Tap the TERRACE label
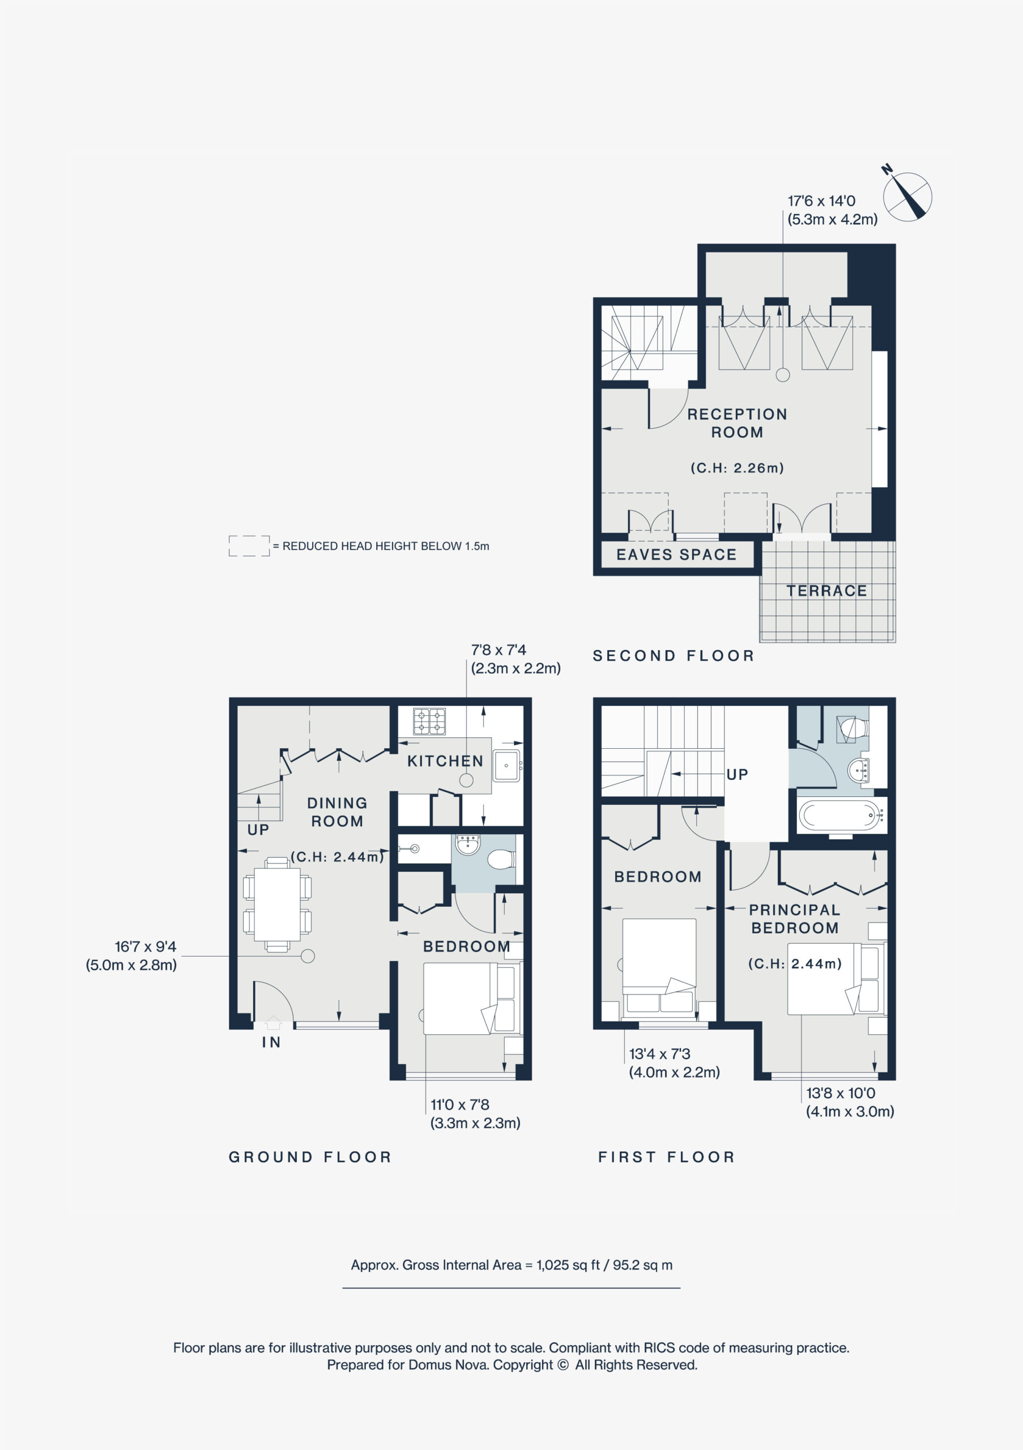tap(826, 591)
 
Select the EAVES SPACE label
tap(676, 555)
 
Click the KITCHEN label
tap(445, 761)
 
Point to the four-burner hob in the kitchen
tap(429, 722)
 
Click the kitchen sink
tap(506, 765)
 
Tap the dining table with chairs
tap(277, 905)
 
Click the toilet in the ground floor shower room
tap(502, 859)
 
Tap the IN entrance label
tap(271, 1042)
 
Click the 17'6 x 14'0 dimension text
tap(821, 201)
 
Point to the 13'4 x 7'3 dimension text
tap(659, 1054)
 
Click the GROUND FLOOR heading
tap(310, 1157)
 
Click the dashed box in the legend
tap(249, 545)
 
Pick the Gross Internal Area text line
tap(511, 1265)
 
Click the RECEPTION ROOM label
tap(737, 423)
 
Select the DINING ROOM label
tap(337, 812)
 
